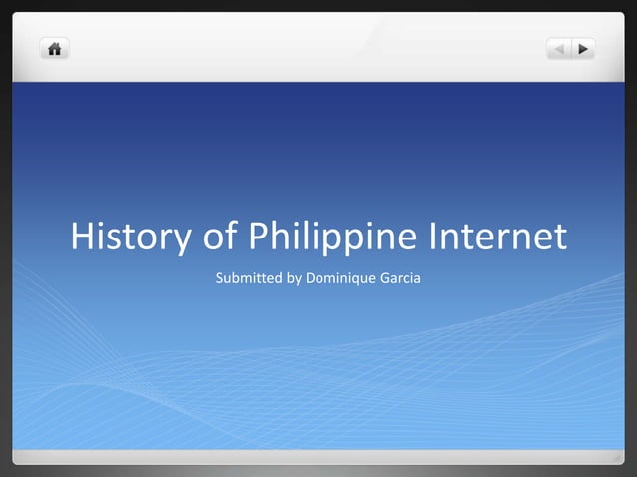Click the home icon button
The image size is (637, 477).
[x=54, y=48]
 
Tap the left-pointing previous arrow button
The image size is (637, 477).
[x=559, y=48]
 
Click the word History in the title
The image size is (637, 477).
[x=129, y=238]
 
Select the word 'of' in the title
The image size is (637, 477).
[x=217, y=238]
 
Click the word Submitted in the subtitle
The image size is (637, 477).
[x=249, y=276]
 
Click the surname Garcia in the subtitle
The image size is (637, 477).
[x=400, y=276]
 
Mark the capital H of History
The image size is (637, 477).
[x=83, y=238]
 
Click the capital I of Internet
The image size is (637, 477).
[x=434, y=238]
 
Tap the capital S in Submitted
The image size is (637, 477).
[x=220, y=276]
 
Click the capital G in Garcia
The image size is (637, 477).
[x=384, y=276]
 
